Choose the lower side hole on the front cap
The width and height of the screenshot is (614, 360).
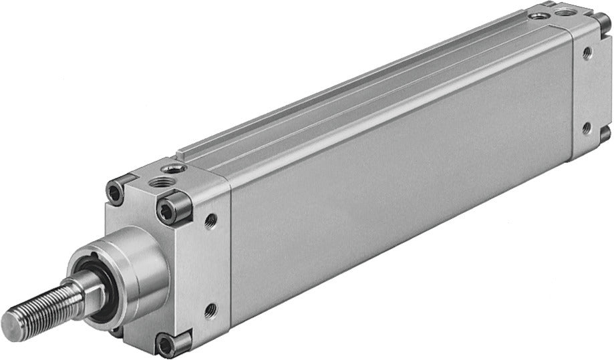point(210,309)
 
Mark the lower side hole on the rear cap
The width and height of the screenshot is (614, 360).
point(586,127)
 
